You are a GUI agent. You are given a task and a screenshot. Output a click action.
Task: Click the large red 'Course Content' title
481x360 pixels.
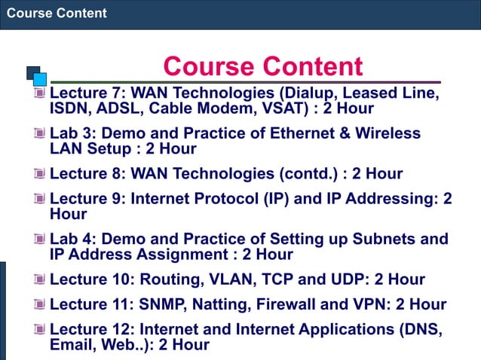[263, 66]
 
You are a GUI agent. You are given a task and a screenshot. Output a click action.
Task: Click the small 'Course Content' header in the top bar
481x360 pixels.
[57, 13]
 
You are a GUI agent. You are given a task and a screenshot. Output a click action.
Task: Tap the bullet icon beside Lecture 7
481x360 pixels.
[39, 93]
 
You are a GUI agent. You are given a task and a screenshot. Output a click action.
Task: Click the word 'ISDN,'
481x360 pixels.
[71, 108]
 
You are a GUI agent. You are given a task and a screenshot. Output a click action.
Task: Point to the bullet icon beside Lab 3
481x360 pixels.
[39, 134]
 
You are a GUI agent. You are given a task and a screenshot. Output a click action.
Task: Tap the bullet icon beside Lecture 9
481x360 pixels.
[39, 200]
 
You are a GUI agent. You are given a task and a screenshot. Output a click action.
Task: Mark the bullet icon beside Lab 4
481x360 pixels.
[39, 240]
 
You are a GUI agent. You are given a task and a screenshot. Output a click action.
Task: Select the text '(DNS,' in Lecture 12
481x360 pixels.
[418, 330]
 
